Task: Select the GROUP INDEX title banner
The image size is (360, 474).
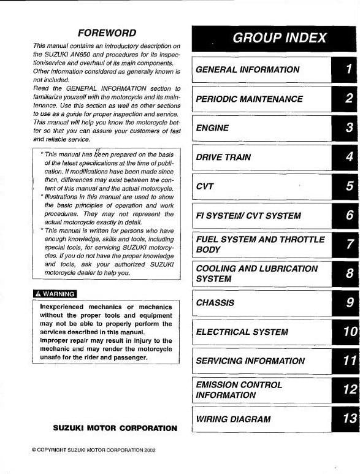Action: (x=275, y=38)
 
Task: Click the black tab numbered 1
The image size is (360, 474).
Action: (x=347, y=70)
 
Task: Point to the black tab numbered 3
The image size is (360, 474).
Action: (x=347, y=128)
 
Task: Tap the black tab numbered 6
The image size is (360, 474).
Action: (x=347, y=216)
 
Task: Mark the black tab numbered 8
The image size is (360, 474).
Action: (x=347, y=274)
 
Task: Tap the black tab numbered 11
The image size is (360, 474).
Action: (x=347, y=361)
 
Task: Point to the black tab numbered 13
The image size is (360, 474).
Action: (x=347, y=419)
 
